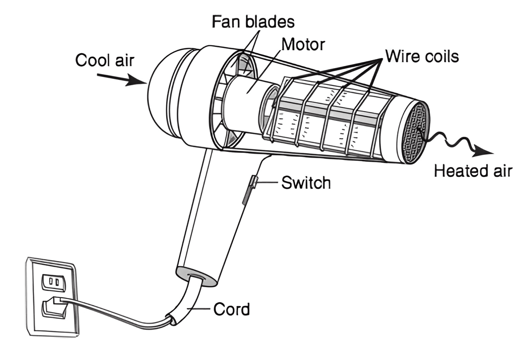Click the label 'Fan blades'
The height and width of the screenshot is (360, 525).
[253, 22]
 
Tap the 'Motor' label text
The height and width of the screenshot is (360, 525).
[303, 44]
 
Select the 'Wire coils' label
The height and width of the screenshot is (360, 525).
[422, 56]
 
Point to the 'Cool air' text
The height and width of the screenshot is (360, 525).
[104, 61]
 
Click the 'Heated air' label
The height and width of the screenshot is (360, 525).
[473, 171]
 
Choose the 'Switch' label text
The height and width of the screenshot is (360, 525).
[306, 183]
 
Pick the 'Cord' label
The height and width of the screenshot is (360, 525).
[231, 309]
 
